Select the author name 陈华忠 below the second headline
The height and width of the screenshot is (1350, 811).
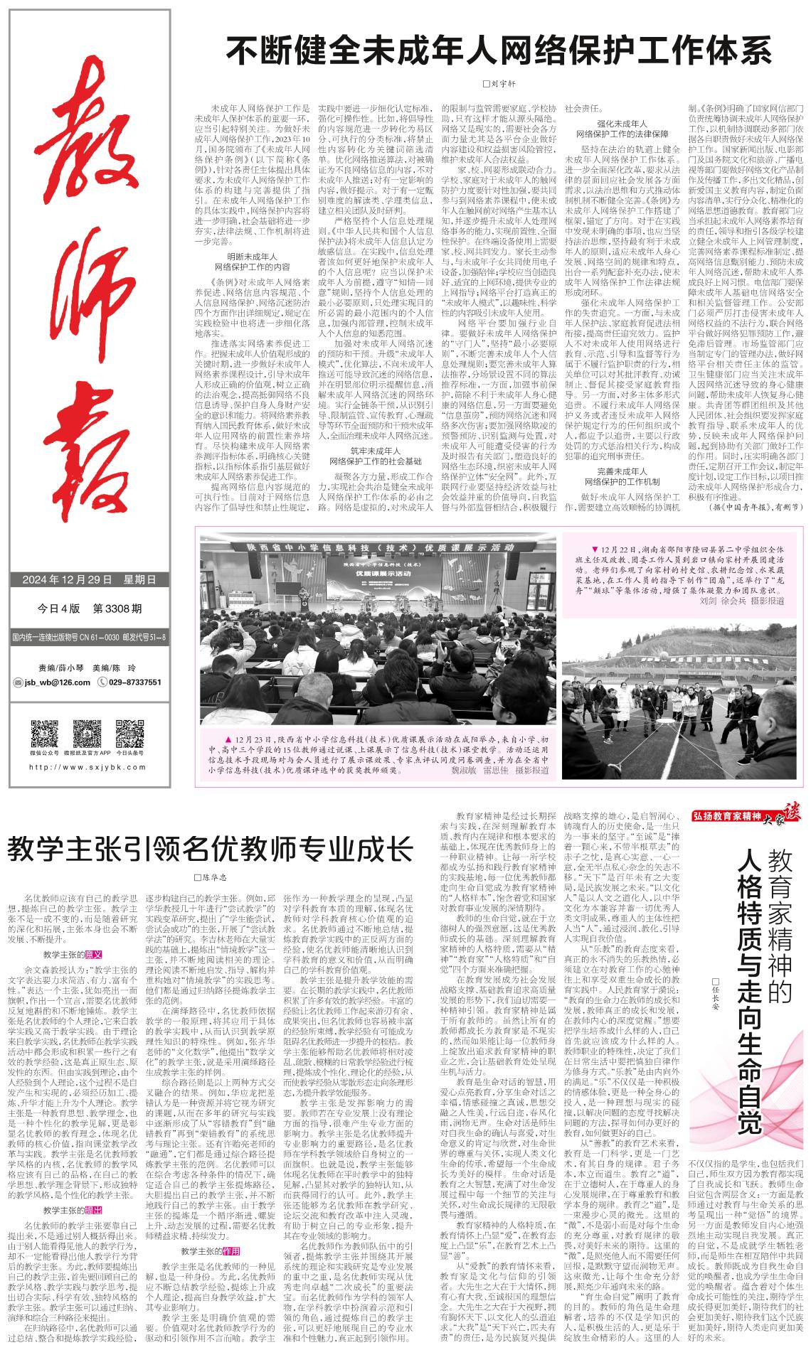coord(214,877)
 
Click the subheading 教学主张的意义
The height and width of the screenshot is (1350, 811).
coord(73,955)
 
